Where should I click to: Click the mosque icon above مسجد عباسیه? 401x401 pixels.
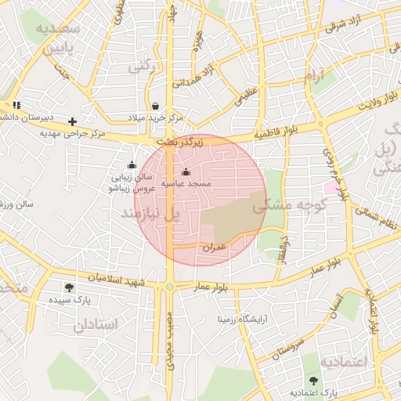click(186, 172)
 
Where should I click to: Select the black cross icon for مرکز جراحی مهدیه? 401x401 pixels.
click(73, 121)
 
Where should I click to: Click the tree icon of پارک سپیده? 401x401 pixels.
click(70, 287)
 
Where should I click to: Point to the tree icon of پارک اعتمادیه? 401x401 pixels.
click(313, 381)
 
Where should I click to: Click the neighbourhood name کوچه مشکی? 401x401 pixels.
click(282, 208)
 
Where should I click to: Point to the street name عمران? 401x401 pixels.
click(214, 247)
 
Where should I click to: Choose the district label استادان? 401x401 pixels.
click(99, 324)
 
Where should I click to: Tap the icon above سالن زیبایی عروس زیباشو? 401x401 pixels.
click(132, 165)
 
